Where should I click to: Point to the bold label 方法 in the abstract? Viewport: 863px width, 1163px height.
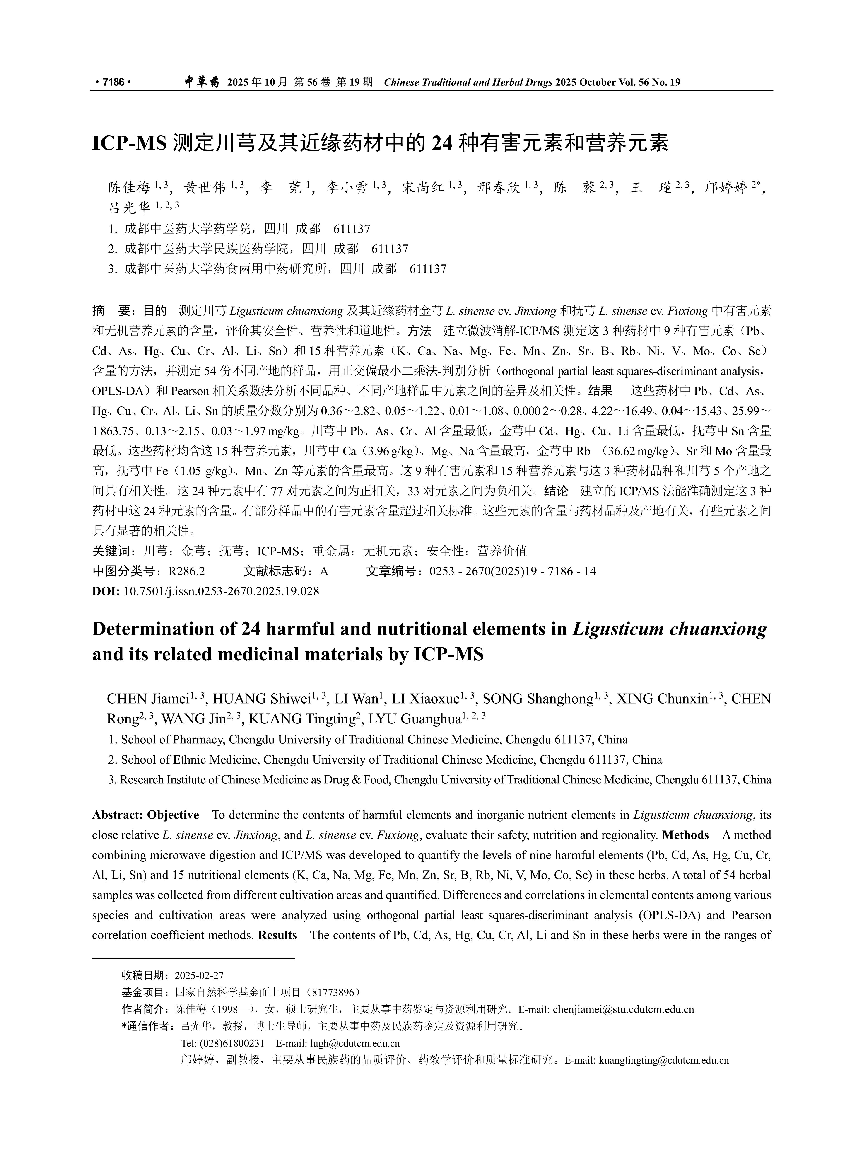click(419, 331)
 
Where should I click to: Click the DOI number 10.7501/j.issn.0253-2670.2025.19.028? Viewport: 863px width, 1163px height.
click(221, 591)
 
